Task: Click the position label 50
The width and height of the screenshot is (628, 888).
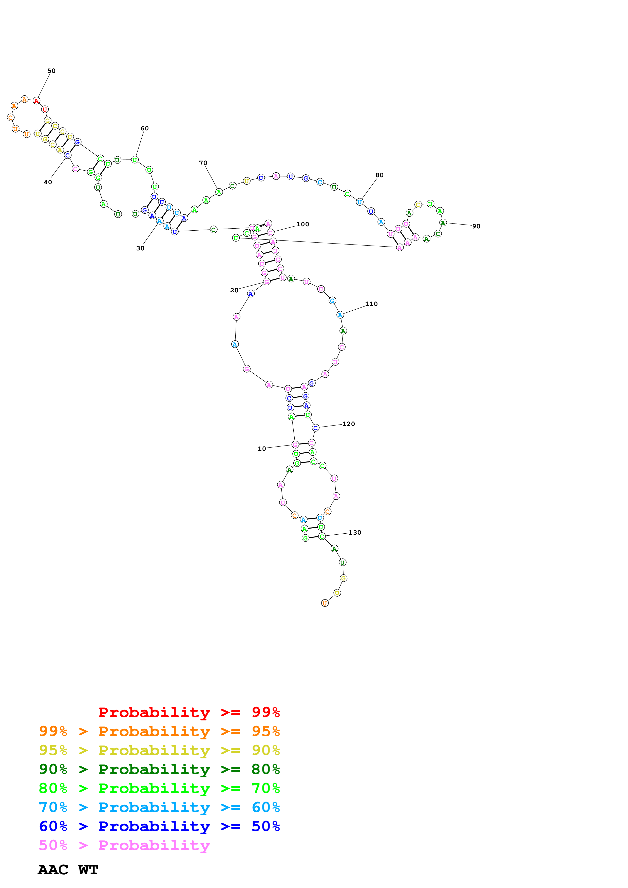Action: [x=51, y=71]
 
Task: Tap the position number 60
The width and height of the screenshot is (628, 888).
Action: [x=145, y=128]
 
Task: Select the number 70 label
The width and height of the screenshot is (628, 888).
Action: [x=203, y=163]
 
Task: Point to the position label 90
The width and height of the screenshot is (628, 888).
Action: [x=476, y=226]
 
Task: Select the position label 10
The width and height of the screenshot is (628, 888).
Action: [x=262, y=449]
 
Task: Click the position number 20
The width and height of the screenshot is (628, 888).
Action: [x=234, y=290]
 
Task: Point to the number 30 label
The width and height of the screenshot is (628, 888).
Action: [x=140, y=248]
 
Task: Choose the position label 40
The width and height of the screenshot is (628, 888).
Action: [x=48, y=182]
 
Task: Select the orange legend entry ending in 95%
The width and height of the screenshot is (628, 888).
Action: [x=159, y=731]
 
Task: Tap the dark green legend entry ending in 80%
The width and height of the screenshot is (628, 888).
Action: [x=159, y=769]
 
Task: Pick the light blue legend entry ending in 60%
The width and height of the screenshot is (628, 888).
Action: [x=159, y=807]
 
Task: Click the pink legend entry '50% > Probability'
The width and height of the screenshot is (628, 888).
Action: [x=124, y=845]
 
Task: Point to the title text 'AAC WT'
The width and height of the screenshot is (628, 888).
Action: [x=68, y=870]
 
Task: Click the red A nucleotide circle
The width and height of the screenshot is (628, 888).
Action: [x=36, y=101]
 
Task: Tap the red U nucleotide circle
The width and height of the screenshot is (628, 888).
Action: [x=45, y=109]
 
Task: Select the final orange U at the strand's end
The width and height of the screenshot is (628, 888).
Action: [x=325, y=603]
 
